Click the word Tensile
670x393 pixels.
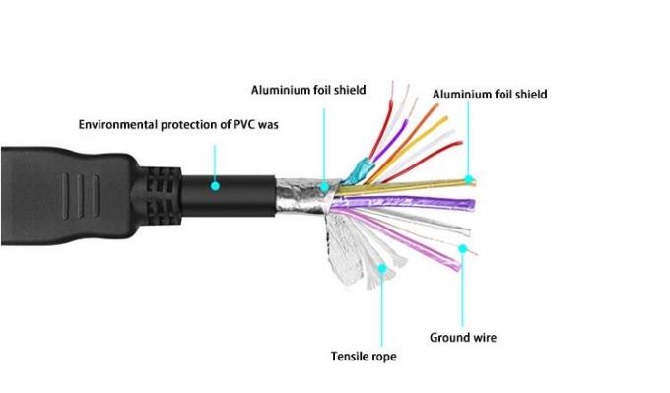350,356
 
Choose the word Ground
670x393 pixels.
449,338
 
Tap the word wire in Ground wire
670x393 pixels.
485,338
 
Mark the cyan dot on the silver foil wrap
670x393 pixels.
324,183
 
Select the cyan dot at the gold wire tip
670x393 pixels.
471,180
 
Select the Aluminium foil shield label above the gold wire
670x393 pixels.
490,95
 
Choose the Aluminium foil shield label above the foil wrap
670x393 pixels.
308,90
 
